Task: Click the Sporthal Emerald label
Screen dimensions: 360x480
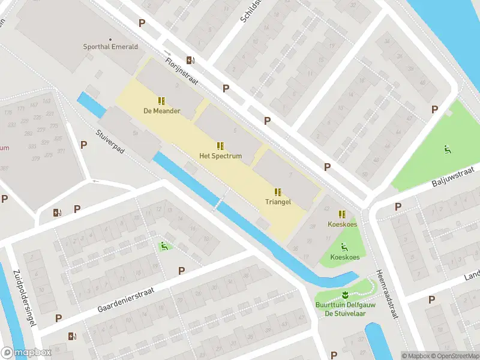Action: point(110,47)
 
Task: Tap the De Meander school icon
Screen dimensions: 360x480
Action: point(161,101)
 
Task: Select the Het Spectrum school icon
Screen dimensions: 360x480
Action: point(220,146)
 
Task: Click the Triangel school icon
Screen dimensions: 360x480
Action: point(278,192)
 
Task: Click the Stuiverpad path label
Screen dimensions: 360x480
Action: point(110,142)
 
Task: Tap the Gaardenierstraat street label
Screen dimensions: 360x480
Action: point(126,299)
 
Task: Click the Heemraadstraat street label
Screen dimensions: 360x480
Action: point(387,294)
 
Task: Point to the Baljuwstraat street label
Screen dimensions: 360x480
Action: point(453,178)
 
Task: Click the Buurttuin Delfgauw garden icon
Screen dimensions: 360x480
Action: point(345,294)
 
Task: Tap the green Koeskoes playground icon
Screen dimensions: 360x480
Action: point(344,247)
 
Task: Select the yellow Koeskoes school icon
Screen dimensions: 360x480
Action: point(342,214)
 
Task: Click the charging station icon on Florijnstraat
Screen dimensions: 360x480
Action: point(190,59)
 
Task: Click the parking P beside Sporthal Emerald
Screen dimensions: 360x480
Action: point(142,23)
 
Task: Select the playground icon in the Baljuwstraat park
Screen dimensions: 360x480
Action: point(447,150)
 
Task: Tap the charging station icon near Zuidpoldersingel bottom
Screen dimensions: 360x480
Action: point(73,337)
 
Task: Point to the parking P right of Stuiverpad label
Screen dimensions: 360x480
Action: point(83,145)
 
